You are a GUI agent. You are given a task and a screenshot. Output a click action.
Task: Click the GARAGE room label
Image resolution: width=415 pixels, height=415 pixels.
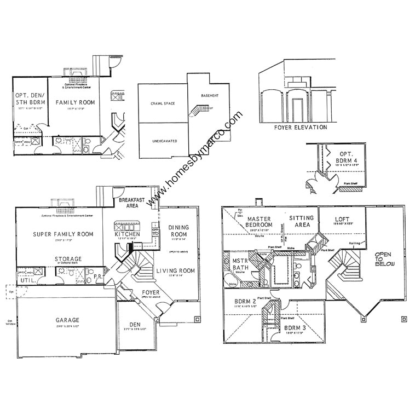(67, 320)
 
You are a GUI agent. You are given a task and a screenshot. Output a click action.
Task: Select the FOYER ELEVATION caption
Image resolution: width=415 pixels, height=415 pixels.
(301, 128)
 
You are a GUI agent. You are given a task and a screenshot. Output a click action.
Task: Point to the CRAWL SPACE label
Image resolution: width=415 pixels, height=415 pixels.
(163, 103)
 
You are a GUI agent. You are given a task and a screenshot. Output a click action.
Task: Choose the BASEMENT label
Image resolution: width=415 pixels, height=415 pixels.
(210, 95)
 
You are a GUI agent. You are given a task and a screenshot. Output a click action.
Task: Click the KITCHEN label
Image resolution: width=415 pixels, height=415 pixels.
(127, 234)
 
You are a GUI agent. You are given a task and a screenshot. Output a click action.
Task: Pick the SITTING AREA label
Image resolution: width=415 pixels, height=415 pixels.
(302, 221)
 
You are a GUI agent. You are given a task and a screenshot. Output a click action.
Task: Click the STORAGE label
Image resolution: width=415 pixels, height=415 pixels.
(68, 258)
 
